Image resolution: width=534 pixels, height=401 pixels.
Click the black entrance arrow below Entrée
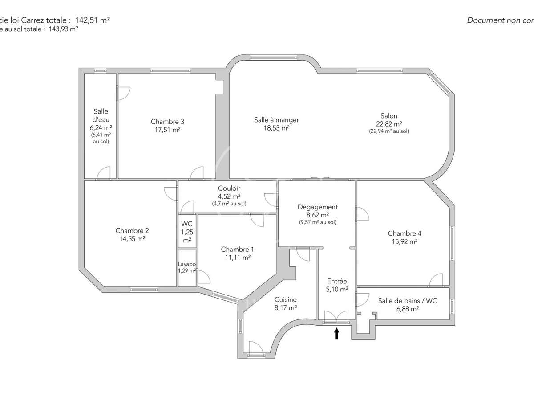[336, 333]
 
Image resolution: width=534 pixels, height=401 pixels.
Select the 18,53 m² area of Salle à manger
[276, 127]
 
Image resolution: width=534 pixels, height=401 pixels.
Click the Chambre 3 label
[167, 122]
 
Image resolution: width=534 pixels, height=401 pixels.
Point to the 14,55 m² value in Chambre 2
[132, 238]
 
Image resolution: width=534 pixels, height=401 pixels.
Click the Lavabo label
[187, 264]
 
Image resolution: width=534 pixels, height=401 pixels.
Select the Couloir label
[229, 188]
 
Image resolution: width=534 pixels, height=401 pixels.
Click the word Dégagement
[318, 207]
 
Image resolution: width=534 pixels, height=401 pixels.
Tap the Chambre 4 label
[405, 233]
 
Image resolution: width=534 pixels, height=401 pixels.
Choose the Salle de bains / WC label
[408, 301]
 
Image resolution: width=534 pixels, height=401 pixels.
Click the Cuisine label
[285, 300]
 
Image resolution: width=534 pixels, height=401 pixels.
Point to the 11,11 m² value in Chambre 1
[238, 257]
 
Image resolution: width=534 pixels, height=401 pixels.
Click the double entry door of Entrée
[336, 317]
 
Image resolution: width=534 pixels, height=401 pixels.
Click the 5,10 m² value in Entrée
[337, 289]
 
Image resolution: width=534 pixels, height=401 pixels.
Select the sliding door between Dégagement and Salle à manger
[320, 179]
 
